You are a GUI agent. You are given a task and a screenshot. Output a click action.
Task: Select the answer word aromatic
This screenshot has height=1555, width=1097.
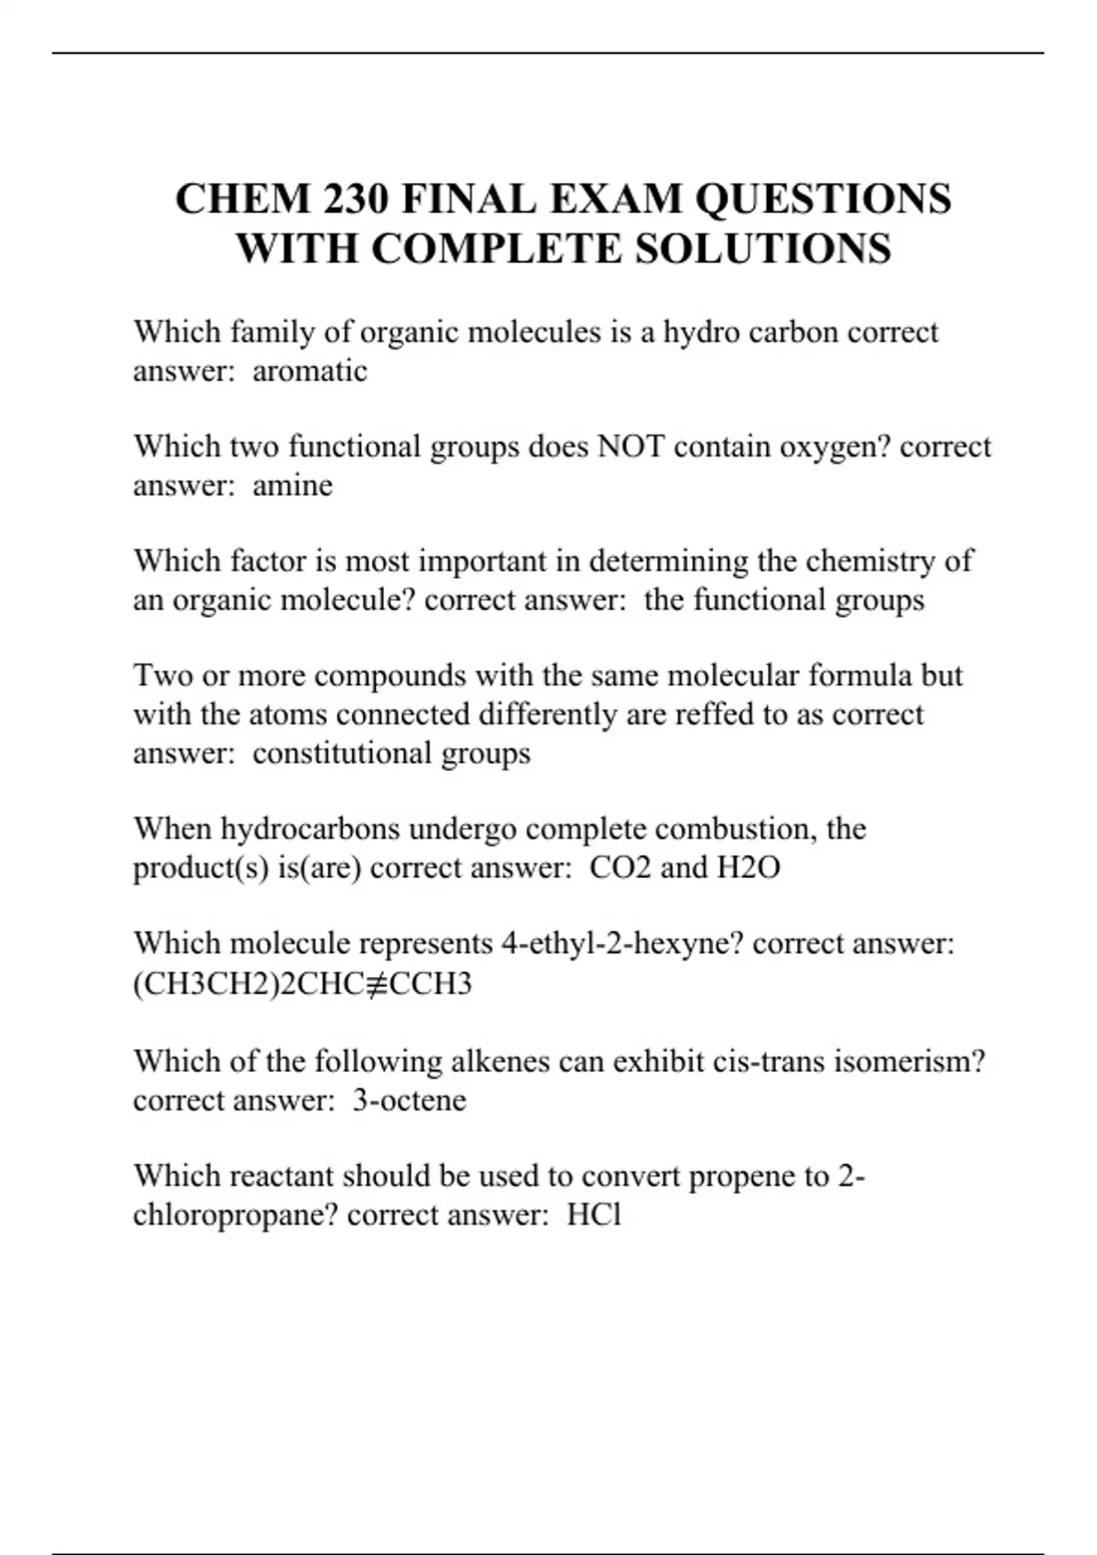[310, 371]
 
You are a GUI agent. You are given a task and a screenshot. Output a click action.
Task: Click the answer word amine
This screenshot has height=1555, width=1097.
[293, 486]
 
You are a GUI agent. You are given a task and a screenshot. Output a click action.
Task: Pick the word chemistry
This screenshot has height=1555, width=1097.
[870, 561]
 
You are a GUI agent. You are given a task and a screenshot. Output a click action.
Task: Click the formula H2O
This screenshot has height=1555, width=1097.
[748, 867]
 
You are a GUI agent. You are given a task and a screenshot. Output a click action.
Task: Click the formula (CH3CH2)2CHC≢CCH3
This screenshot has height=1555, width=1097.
[303, 984]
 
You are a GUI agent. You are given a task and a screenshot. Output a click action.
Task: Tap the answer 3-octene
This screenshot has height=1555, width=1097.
[410, 1100]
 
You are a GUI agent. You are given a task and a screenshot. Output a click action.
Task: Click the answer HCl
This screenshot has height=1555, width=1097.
[594, 1216]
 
